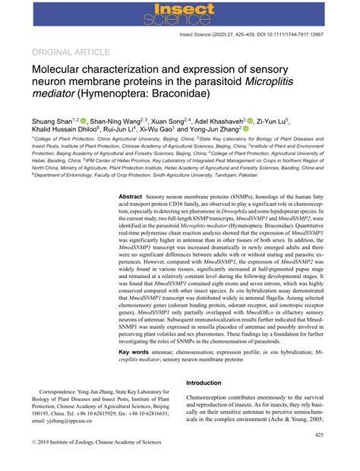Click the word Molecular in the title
(x=65, y=71)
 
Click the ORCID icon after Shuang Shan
(x=83, y=120)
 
